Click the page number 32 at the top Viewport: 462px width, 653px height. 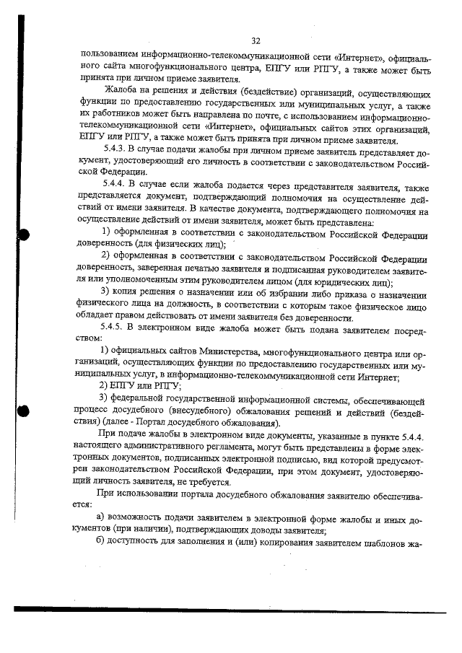pyautogui.click(x=255, y=40)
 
